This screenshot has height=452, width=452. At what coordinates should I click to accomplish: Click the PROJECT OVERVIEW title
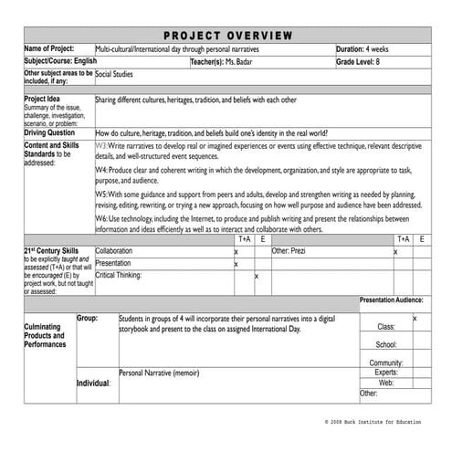pos(226,35)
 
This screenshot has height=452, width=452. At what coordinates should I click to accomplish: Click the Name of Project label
pos(49,48)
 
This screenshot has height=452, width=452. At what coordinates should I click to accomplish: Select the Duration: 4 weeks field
pos(365,48)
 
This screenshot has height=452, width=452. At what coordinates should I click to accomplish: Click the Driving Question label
pos(51,132)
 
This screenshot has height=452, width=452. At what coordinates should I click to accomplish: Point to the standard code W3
pos(102,145)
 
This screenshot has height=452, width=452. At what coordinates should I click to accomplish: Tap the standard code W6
pos(102,219)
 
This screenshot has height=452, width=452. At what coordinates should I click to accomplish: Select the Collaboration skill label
pos(114,250)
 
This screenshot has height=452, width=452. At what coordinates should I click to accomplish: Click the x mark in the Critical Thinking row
pos(257,275)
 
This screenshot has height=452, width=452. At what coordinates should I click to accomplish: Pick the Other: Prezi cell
pos(289,250)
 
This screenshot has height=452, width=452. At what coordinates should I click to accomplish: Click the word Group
pos(87,318)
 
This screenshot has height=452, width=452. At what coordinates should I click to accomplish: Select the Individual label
pos(93,384)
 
